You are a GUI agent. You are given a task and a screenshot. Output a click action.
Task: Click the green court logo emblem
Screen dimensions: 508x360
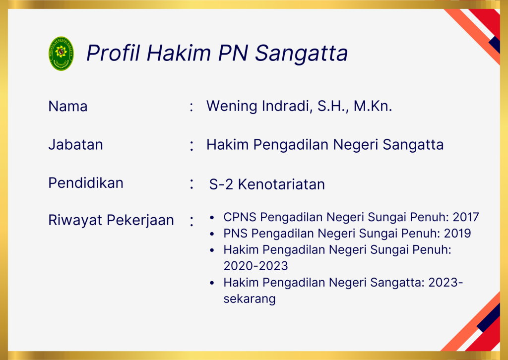coord(61,54)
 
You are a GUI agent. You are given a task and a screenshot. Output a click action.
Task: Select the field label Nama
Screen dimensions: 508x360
coord(67,106)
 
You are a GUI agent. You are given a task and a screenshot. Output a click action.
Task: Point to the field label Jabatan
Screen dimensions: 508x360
coord(75,144)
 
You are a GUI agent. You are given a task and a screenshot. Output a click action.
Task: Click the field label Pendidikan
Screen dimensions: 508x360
coord(86,183)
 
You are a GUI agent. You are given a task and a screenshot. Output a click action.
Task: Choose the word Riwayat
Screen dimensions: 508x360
coord(75,221)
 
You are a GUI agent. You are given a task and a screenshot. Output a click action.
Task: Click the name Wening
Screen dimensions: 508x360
coord(232,106)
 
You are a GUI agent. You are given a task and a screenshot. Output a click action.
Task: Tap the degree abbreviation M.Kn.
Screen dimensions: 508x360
coord(373,106)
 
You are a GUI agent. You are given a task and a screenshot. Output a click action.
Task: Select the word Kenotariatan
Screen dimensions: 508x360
coord(281,184)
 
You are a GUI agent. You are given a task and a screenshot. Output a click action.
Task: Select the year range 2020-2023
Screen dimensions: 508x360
coord(255,266)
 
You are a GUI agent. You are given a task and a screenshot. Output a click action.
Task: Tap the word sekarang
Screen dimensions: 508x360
coord(250,299)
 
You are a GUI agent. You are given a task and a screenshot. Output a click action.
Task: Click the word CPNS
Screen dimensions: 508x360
coord(240,217)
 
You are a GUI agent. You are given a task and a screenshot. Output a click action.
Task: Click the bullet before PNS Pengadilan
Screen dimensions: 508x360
coord(212,234)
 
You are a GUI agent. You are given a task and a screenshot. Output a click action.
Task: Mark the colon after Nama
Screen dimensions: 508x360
coord(191,107)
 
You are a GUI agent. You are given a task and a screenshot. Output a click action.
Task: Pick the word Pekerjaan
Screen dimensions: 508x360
coord(140,221)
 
